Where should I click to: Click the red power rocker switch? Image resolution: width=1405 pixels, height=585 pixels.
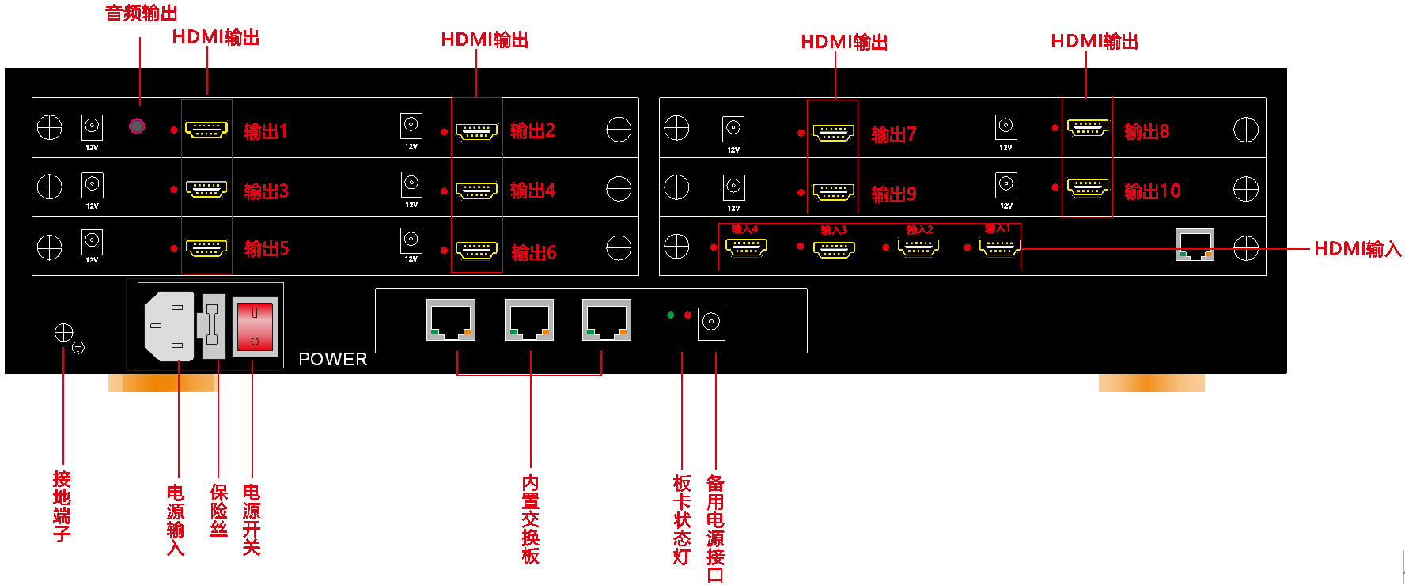click(x=255, y=326)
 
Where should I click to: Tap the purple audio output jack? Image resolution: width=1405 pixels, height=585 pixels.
click(x=137, y=126)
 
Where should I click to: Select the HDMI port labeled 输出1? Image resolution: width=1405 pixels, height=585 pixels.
click(x=206, y=129)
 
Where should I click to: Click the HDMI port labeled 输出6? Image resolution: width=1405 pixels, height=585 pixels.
click(x=477, y=251)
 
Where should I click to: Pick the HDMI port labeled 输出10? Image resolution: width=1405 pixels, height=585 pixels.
click(x=1087, y=187)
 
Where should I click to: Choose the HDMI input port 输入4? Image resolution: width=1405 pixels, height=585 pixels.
click(x=746, y=247)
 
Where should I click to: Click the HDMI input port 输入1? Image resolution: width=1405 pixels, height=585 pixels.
click(x=999, y=247)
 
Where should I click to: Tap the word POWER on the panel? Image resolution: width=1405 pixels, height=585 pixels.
click(x=332, y=359)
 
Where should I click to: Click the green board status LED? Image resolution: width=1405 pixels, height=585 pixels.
click(x=671, y=315)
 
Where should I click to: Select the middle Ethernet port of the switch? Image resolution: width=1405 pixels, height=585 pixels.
click(x=529, y=319)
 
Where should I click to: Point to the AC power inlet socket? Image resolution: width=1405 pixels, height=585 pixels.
click(x=169, y=326)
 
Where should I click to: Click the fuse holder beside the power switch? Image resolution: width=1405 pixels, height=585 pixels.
click(x=212, y=325)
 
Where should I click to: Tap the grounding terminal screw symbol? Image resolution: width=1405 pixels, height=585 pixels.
click(x=64, y=333)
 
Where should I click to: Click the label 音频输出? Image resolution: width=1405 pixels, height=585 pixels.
click(x=141, y=13)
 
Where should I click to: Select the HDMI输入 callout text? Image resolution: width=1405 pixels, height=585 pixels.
click(x=1357, y=249)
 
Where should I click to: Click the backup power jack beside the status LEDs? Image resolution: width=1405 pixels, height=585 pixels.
click(x=711, y=323)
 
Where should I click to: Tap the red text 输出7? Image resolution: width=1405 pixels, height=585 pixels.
click(x=893, y=134)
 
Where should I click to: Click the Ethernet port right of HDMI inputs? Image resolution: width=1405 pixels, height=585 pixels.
click(x=1195, y=245)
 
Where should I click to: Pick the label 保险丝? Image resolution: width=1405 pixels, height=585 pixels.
click(x=219, y=511)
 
